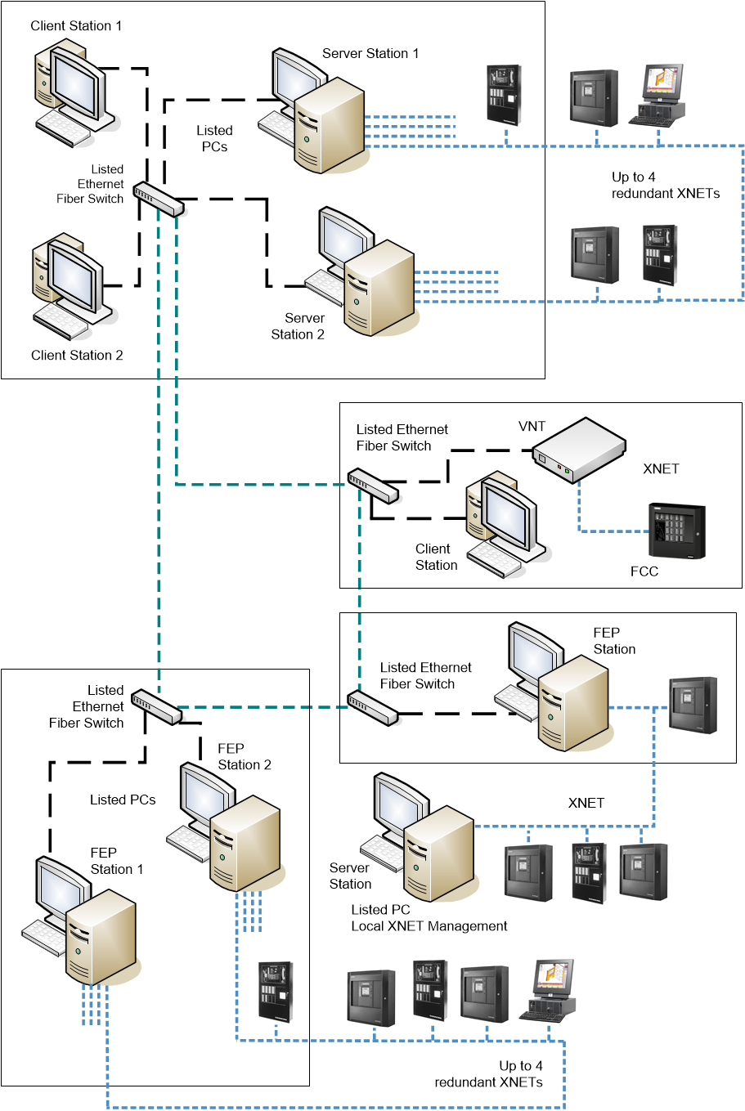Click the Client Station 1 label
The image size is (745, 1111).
coord(76,26)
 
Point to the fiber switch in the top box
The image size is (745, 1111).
coord(159,199)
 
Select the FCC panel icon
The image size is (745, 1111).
coord(676,531)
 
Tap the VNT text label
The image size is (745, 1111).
coord(532,427)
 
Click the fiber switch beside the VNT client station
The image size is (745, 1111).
coord(373,486)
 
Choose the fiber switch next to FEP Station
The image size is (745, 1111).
coord(372,708)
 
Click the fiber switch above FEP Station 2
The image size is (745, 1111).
coord(156,706)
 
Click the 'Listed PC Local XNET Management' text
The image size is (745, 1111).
coord(429,918)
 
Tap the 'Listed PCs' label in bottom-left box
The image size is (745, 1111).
coord(123,800)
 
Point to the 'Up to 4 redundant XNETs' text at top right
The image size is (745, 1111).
coord(665,186)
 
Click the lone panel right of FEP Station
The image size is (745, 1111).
coord(693,705)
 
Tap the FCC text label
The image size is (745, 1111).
coord(644,571)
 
